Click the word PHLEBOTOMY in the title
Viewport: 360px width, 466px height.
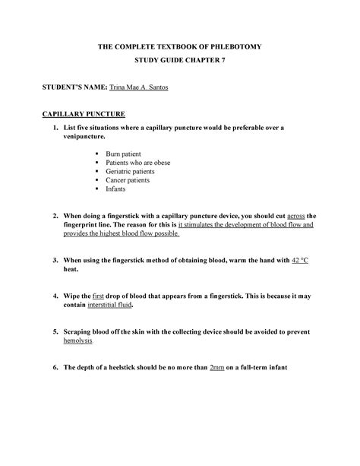pyautogui.click(x=233, y=47)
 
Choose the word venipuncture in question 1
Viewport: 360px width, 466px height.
pyautogui.click(x=87, y=138)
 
